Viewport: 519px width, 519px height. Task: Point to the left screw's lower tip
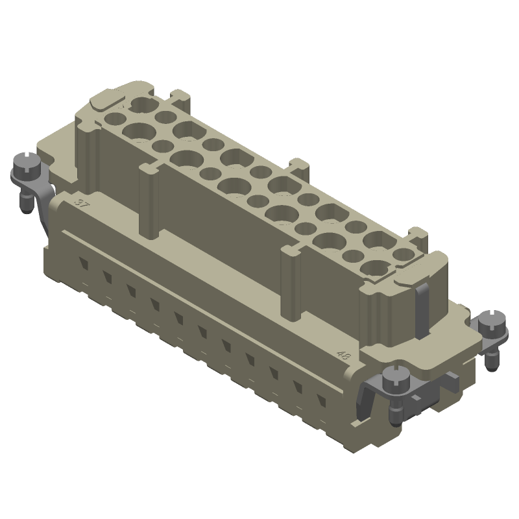coord(27,207)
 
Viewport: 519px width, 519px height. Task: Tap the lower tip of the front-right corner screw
coord(395,415)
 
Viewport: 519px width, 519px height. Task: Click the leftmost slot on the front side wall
coord(83,263)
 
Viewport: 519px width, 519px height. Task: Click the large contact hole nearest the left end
coord(141,104)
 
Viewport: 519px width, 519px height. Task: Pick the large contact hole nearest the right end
coord(375,267)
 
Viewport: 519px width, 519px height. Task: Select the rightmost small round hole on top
coord(402,253)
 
